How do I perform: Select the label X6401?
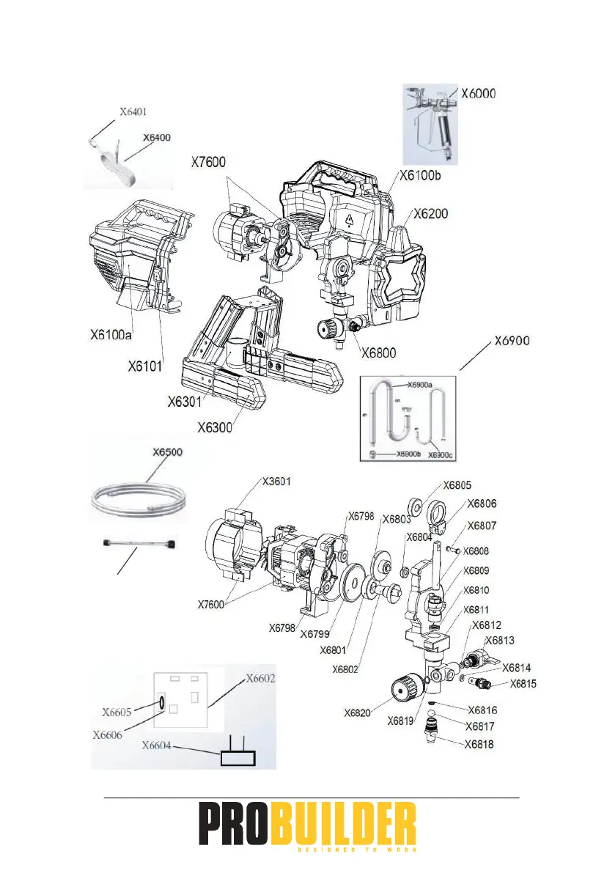pyautogui.click(x=137, y=113)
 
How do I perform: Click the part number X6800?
pyautogui.click(x=379, y=352)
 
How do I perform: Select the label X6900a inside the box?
pyautogui.click(x=415, y=383)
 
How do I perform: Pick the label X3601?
pyautogui.click(x=280, y=481)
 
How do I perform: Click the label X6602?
pyautogui.click(x=260, y=678)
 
